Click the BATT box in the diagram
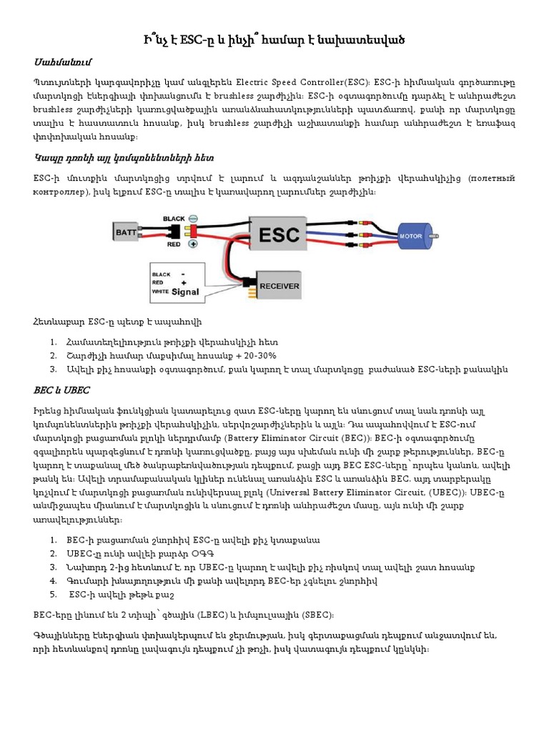[127, 232]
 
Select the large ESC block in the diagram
[275, 232]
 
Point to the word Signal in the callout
[186, 292]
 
